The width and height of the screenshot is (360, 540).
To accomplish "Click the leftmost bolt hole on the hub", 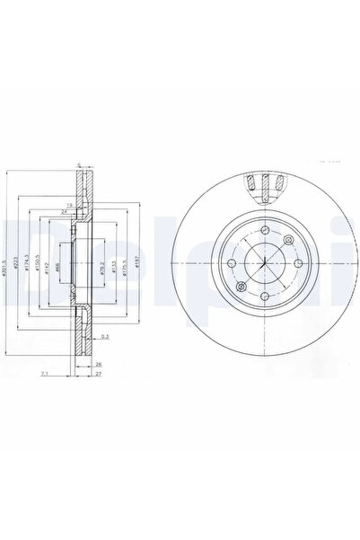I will click(x=231, y=262).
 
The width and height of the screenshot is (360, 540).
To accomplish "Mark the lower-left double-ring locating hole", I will click(x=241, y=286).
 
